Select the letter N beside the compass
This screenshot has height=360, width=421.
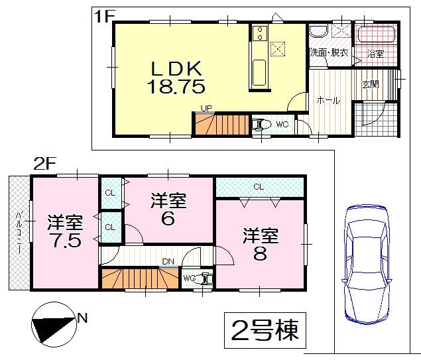83,318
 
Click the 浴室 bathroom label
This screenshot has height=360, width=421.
375,52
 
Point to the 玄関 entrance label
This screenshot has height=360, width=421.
370,84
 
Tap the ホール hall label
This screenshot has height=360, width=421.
328,101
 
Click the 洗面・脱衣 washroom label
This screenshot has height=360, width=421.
330,52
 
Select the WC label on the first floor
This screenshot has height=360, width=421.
282,123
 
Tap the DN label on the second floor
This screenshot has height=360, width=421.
168,261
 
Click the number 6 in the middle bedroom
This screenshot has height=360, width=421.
168,217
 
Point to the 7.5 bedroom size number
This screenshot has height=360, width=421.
64,240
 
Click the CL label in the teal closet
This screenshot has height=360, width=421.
257,187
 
